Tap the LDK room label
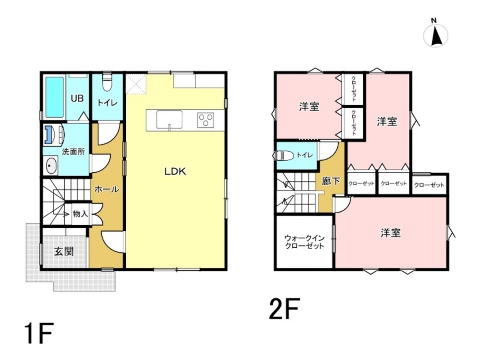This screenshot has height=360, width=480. [175, 171]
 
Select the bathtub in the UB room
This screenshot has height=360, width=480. [55, 97]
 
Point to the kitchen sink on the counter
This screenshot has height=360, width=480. [169, 120]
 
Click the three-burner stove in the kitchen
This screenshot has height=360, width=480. [206, 120]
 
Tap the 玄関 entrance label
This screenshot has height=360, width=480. [64, 252]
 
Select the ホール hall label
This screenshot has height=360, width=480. [107, 189]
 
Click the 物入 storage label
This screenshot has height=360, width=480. [80, 214]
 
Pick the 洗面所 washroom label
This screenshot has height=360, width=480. [73, 152]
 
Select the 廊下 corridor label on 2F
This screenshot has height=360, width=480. [331, 181]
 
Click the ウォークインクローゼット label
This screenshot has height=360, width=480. [304, 242]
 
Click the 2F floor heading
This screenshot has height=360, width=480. [284, 309]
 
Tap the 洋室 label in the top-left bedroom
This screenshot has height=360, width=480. [309, 107]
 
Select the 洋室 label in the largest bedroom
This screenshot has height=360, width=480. [391, 233]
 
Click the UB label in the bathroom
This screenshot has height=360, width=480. [77, 98]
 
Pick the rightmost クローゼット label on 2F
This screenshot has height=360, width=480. [429, 185]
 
